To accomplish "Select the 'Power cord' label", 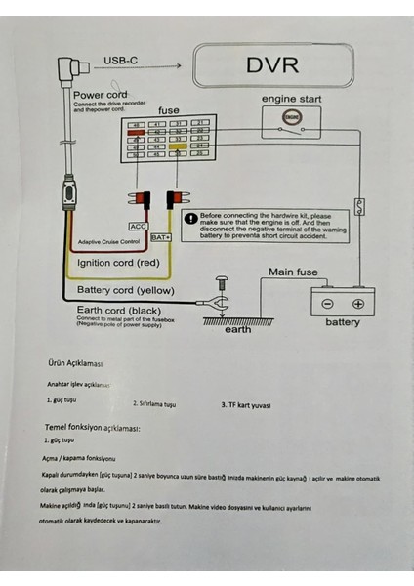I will click(x=101, y=95).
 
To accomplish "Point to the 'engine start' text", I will click(x=291, y=99).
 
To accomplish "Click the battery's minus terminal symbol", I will click(x=328, y=304).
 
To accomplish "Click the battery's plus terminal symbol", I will click(x=358, y=304).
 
